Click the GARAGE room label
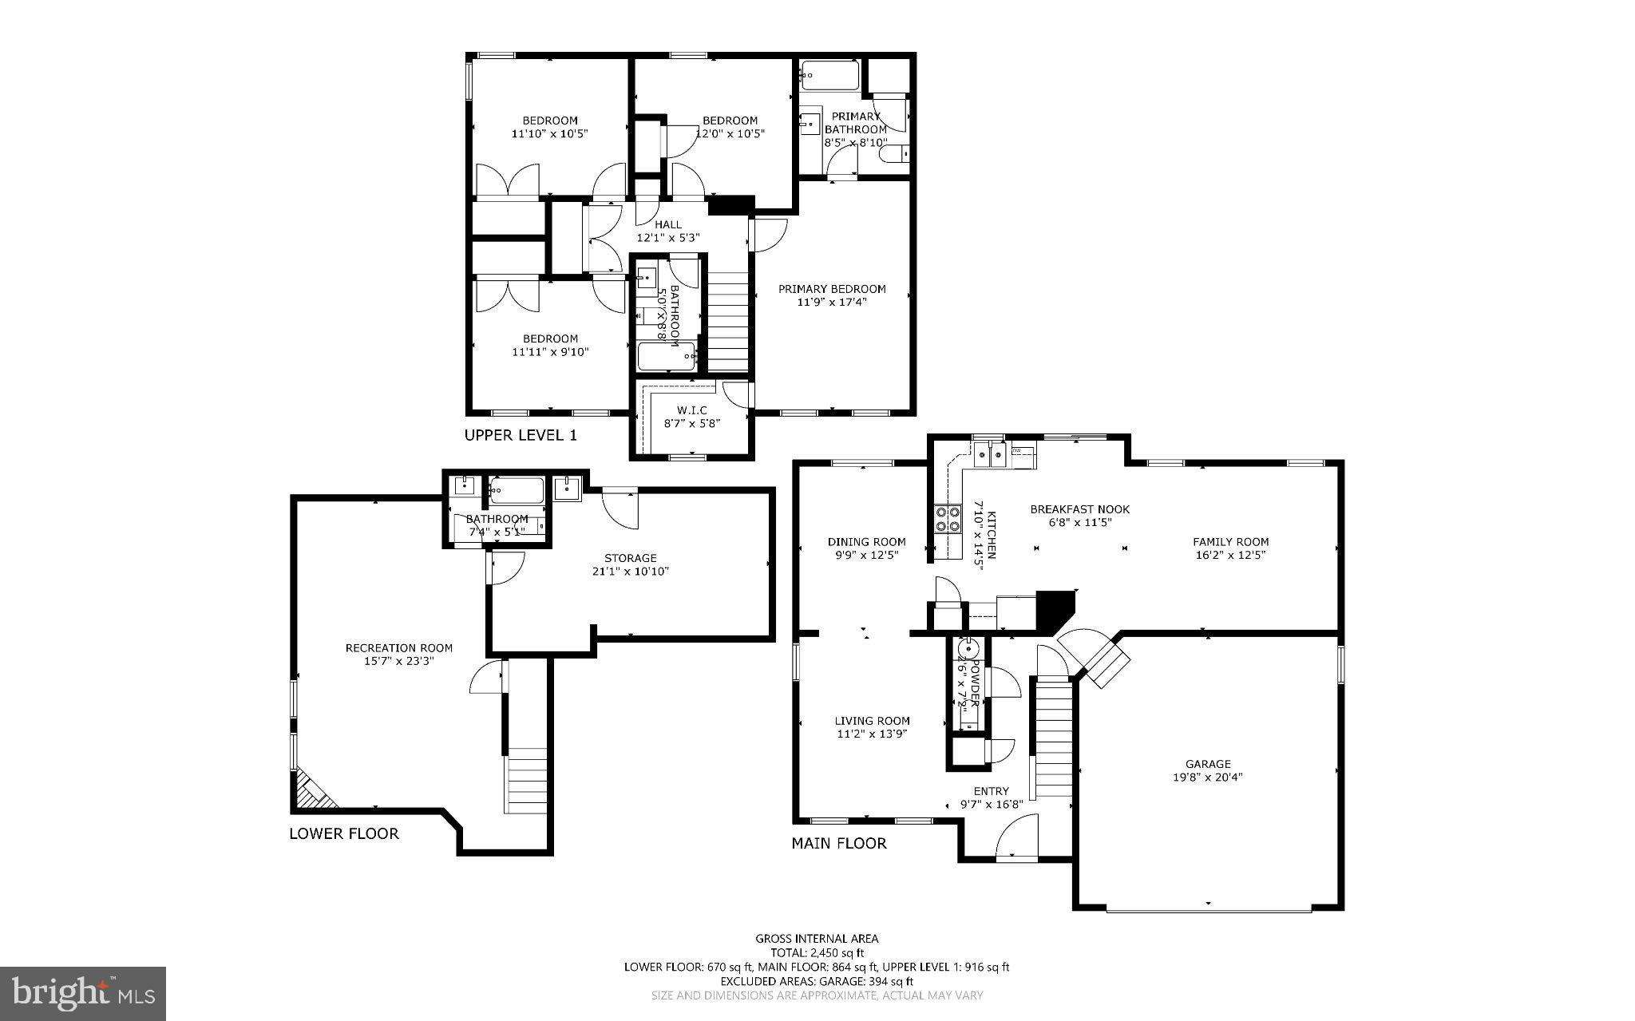coord(1207,764)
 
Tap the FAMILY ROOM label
coord(1230,541)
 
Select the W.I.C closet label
coord(691,410)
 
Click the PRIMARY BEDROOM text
coord(832,289)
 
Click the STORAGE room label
coord(630,558)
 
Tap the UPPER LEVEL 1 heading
coord(521,435)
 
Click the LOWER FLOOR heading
coord(343,833)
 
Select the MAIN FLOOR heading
coord(838,843)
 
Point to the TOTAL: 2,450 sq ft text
coord(817,952)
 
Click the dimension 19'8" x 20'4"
coord(1207,777)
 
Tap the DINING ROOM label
coord(866,541)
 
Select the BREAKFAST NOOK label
coord(1079,509)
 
